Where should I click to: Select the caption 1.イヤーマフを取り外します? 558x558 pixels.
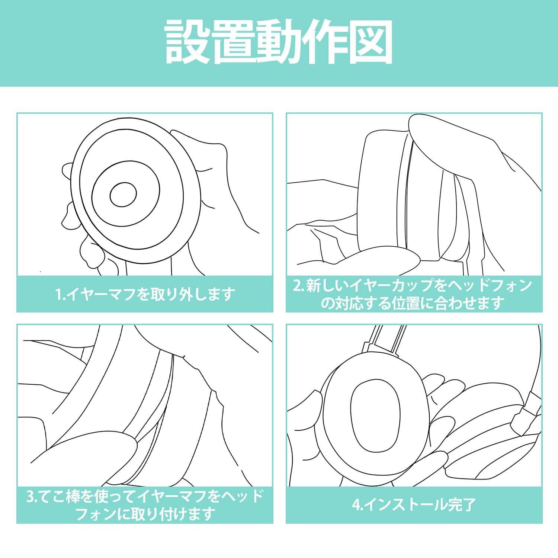coord(145,294)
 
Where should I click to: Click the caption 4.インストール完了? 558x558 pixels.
coord(414,505)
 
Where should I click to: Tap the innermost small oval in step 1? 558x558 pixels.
coord(123,193)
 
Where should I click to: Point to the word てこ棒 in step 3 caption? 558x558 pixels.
coord(65,497)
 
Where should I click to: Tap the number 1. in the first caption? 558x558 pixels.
coord(60,295)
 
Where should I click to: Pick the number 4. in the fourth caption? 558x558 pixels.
coord(358,506)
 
